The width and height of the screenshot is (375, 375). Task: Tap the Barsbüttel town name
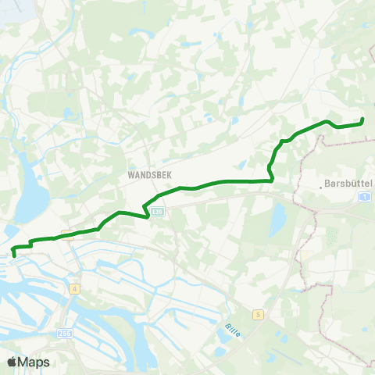coord(349,185)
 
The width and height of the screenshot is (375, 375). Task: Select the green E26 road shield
coord(159,211)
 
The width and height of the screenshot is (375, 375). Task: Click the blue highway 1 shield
coord(365,197)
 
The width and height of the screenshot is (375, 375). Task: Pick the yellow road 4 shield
coord(74,288)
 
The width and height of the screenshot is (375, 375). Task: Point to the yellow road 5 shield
coord(257,314)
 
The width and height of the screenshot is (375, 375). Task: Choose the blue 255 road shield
coord(64,334)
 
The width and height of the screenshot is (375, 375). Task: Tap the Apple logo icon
coord(12,362)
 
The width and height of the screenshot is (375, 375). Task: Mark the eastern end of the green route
coord(362,120)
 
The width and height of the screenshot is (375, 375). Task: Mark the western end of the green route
coord(14,255)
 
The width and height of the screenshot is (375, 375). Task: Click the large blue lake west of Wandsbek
coord(31,195)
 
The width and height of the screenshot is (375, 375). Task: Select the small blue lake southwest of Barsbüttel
coord(277,221)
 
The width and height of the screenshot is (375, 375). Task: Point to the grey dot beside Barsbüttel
coord(321,186)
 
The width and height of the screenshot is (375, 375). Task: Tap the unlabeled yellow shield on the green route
coord(68,234)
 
